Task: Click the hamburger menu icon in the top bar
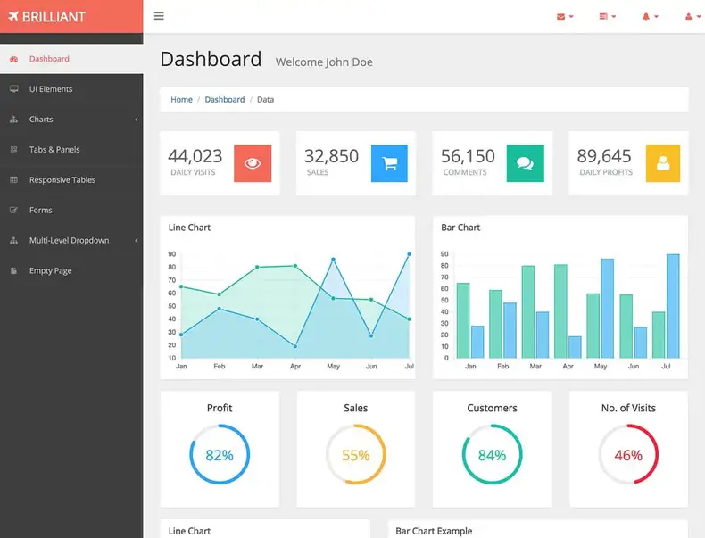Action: [159, 16]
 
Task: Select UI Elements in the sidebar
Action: [51, 89]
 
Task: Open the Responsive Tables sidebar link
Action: [62, 180]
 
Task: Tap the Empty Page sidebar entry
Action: [50, 271]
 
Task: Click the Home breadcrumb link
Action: [181, 100]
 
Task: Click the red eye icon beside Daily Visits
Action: [253, 163]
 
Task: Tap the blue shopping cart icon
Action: [389, 163]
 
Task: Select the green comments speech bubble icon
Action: [525, 163]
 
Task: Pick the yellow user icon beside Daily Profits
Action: [662, 163]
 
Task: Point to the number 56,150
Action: [468, 156]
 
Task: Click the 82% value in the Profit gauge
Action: [220, 455]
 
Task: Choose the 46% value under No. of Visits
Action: [628, 455]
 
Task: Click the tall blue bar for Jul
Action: [673, 306]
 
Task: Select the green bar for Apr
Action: [560, 310]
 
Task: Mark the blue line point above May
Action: [334, 260]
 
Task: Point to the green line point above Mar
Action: [257, 267]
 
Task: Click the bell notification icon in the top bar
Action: [646, 16]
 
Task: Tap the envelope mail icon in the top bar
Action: [561, 16]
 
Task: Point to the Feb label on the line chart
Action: [220, 367]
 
